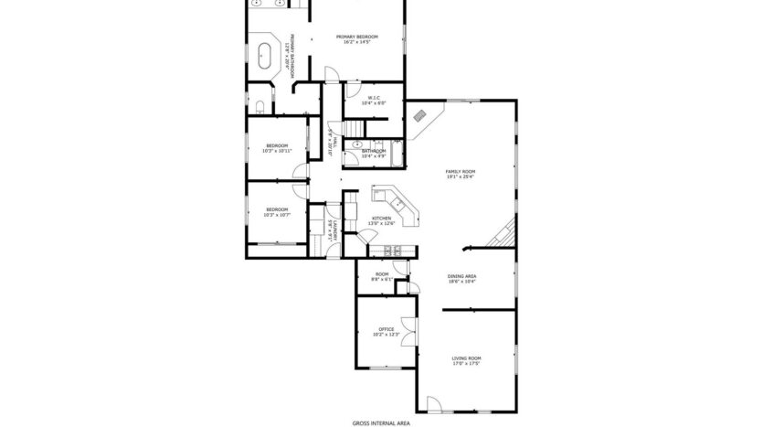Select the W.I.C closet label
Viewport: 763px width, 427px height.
pyautogui.click(x=374, y=101)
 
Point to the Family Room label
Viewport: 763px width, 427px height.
pyautogui.click(x=461, y=174)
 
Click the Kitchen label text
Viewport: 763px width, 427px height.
pyautogui.click(x=380, y=220)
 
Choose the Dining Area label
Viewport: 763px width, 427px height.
pyautogui.click(x=461, y=278)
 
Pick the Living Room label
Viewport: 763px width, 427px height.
pyautogui.click(x=466, y=360)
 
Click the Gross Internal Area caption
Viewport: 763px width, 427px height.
pyautogui.click(x=381, y=422)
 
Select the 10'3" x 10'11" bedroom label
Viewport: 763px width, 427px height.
pyautogui.click(x=276, y=148)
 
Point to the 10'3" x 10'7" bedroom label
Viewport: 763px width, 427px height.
pyautogui.click(x=276, y=213)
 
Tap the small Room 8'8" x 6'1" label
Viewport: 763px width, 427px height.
pyautogui.click(x=382, y=276)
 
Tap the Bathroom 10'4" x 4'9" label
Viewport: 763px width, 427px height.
pyautogui.click(x=374, y=154)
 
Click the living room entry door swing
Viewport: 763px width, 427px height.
pyautogui.click(x=434, y=403)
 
